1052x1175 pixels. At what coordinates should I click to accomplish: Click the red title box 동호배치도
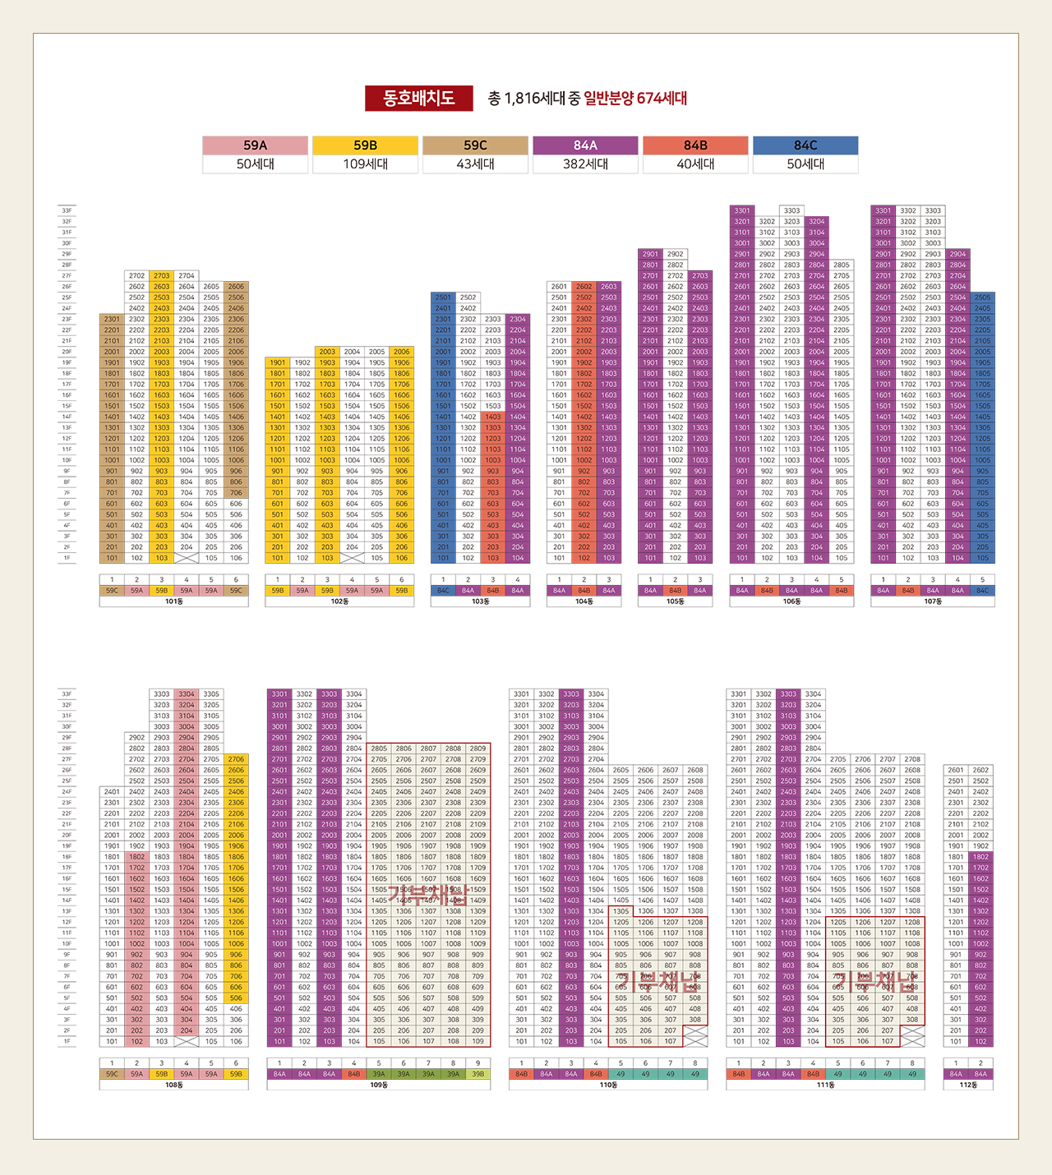[419, 99]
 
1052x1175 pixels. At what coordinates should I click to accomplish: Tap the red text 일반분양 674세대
[635, 99]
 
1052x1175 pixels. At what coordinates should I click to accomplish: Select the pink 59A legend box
[256, 145]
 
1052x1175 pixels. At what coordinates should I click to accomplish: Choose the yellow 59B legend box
[366, 145]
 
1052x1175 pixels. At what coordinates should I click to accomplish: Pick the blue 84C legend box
[805, 145]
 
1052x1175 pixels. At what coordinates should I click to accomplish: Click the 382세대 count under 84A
[586, 164]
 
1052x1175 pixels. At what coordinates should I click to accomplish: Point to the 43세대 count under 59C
[476, 164]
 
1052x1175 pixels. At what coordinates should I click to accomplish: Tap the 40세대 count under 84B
[695, 164]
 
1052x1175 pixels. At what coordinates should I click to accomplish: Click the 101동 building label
[174, 601]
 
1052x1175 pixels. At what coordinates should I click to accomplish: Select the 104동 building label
[584, 601]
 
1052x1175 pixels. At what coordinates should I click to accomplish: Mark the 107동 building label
[933, 601]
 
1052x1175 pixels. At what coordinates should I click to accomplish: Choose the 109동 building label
[379, 1085]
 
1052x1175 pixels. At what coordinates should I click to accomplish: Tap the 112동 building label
[968, 1085]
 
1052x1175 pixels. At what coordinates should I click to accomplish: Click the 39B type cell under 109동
[478, 1074]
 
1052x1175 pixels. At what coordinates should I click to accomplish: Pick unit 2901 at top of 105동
[650, 254]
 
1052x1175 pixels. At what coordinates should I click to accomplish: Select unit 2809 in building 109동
[478, 749]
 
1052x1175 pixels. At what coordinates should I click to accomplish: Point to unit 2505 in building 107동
[982, 297]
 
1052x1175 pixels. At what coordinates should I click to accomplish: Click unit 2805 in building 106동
[842, 265]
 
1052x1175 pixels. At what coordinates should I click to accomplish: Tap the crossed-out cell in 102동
[352, 558]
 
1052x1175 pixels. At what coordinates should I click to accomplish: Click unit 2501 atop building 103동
[443, 297]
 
